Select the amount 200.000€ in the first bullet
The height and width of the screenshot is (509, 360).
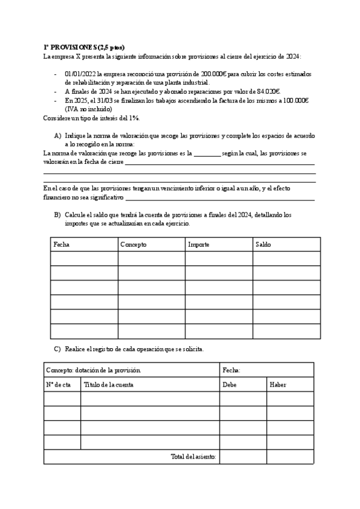(214, 73)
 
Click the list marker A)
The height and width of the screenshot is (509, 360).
(58, 136)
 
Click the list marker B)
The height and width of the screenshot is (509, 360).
(58, 214)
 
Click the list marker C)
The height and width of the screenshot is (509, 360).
(58, 349)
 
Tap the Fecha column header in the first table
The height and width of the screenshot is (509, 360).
(61, 244)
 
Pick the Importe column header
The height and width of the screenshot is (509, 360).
(199, 244)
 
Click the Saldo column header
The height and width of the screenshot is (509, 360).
(263, 244)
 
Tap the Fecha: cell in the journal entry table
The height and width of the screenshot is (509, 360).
(232, 370)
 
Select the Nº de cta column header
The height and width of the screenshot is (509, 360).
(58, 385)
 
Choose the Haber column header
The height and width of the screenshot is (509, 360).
(278, 385)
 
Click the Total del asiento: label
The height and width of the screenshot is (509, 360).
(193, 457)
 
